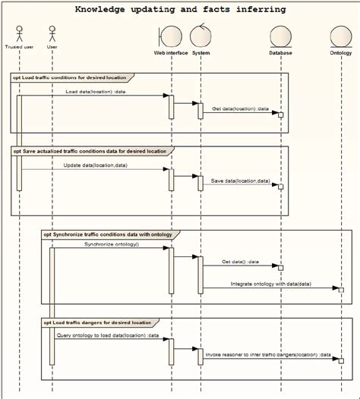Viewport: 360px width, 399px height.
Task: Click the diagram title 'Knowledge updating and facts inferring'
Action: (180, 9)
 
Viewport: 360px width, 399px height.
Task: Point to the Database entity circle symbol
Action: (280, 36)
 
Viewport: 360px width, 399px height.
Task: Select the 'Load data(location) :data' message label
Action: (96, 91)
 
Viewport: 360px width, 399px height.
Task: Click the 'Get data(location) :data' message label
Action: (240, 108)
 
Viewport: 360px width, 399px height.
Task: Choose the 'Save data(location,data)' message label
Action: (240, 181)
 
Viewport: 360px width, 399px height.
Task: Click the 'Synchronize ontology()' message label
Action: (112, 244)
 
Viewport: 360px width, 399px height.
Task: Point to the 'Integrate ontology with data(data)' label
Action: (270, 284)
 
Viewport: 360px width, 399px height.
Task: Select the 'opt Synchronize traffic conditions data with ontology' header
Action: (106, 234)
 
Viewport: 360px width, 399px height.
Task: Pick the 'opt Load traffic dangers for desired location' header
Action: (98, 322)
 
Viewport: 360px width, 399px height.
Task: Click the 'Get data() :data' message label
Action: (240, 261)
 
